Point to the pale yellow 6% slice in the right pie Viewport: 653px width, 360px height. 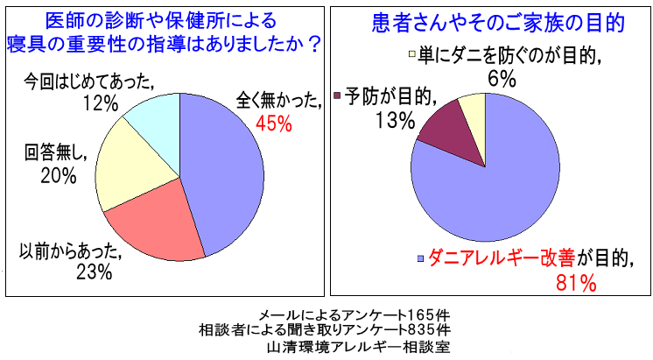coord(474,109)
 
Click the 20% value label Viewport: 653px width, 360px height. coord(58,175)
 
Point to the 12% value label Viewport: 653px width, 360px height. coord(100,104)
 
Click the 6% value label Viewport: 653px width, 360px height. coord(500,79)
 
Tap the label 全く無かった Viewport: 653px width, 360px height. coord(277,100)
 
